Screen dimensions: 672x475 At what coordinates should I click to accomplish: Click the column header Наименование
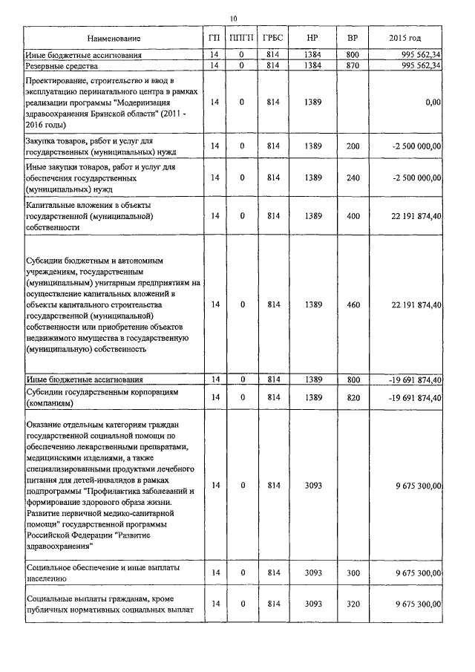tap(113, 38)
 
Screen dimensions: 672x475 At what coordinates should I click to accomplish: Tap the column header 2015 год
tap(405, 38)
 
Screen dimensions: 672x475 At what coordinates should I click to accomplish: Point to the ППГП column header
tap(241, 38)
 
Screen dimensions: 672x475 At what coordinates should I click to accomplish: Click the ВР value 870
tap(353, 65)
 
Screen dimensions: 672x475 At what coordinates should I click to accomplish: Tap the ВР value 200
tap(353, 146)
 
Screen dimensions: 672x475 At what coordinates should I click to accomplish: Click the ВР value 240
tap(353, 178)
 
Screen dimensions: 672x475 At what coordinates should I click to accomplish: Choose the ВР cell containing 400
tap(353, 215)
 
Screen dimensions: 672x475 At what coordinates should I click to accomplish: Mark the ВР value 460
tap(353, 304)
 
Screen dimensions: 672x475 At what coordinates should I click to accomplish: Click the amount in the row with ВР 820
tap(415, 398)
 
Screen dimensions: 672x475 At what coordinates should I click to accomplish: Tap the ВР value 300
tap(353, 573)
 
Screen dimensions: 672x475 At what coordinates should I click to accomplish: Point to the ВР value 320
tap(353, 604)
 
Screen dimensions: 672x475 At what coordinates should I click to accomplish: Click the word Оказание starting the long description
tap(42, 424)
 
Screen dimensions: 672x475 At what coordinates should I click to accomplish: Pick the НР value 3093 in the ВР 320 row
tap(312, 604)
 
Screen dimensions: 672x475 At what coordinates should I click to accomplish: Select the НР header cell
tap(312, 38)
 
